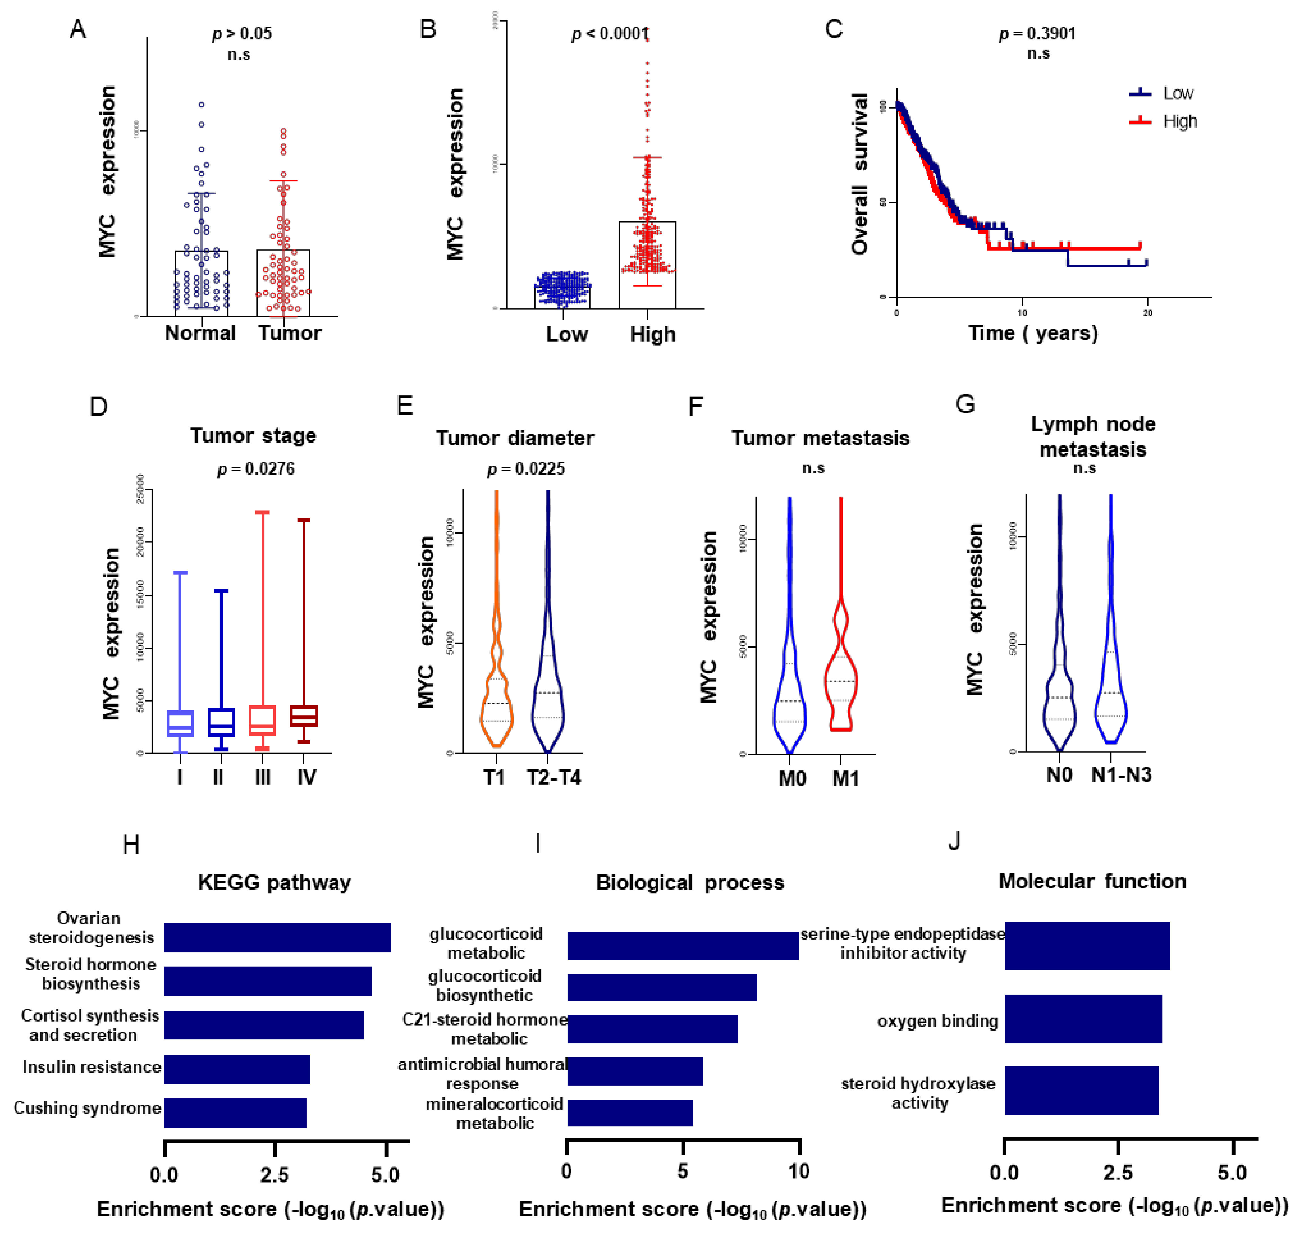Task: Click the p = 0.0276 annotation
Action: [256, 469]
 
